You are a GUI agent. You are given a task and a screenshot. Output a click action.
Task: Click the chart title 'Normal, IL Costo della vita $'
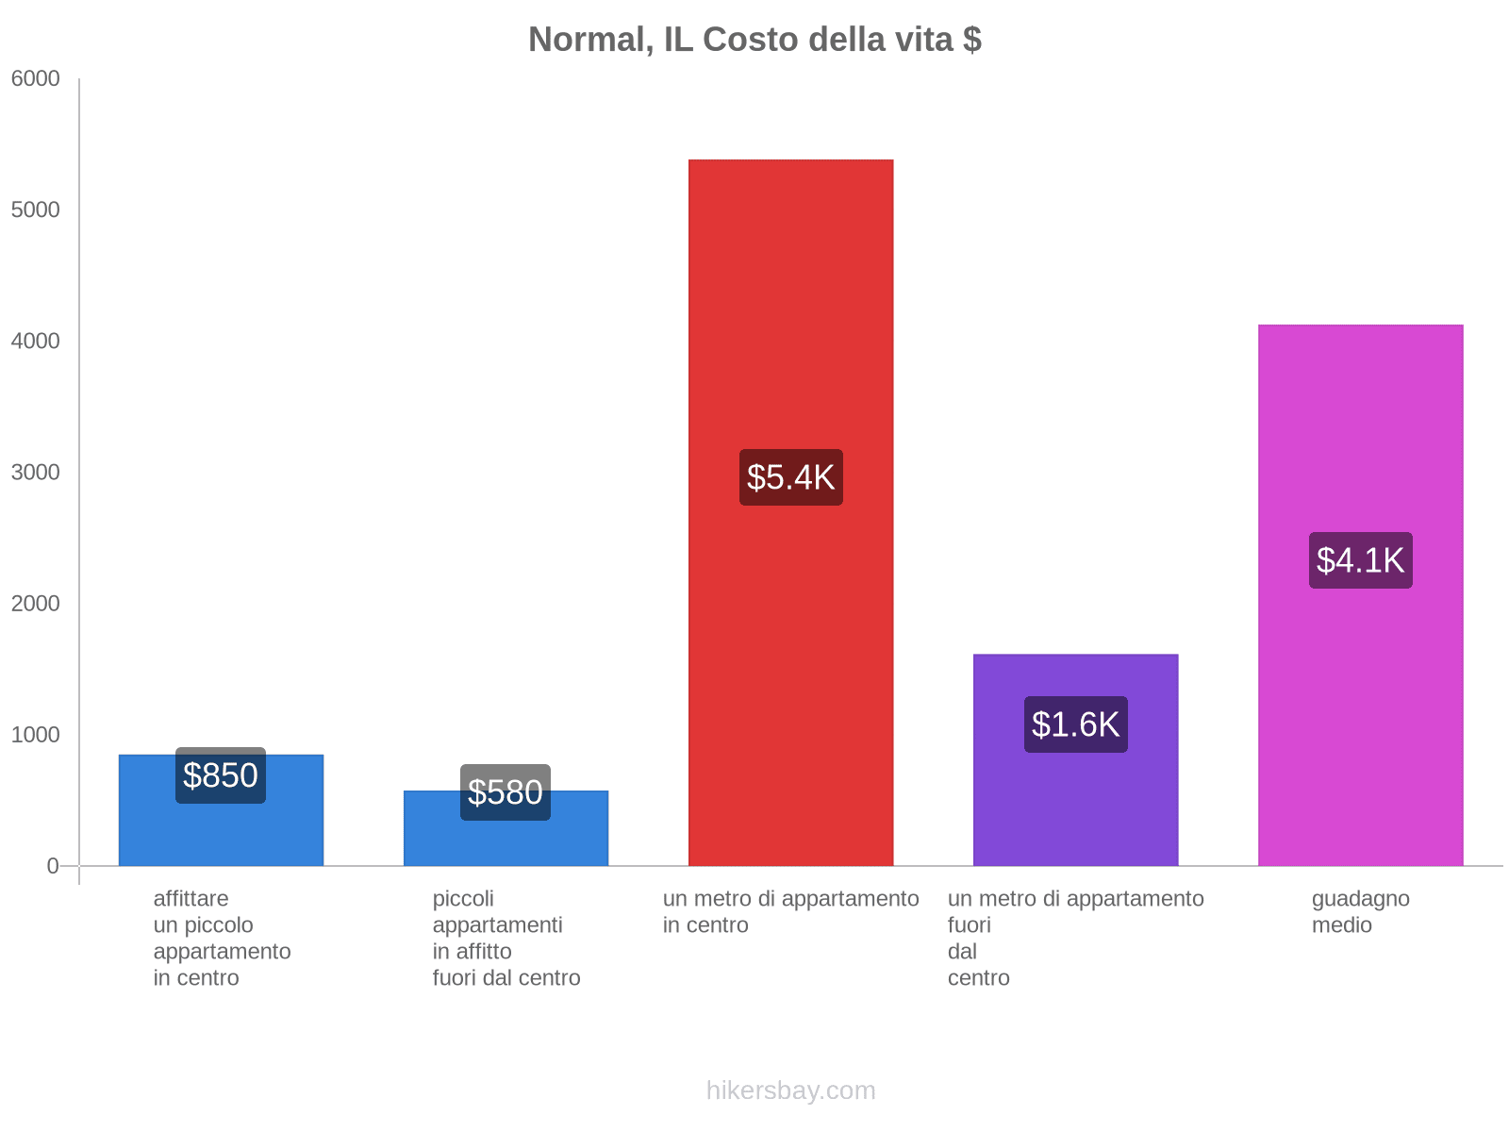pyautogui.click(x=754, y=40)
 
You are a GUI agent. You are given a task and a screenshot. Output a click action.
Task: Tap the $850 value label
pyautogui.click(x=221, y=775)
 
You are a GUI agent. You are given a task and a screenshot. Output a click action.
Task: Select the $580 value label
pyautogui.click(x=506, y=792)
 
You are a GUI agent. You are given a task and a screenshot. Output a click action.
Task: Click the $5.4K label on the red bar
pyautogui.click(x=790, y=477)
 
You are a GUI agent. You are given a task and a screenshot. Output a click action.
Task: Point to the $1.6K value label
pyautogui.click(x=1075, y=724)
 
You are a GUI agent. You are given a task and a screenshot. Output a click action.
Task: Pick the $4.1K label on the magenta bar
pyautogui.click(x=1360, y=560)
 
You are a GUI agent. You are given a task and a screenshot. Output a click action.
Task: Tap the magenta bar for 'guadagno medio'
pyautogui.click(x=1360, y=424)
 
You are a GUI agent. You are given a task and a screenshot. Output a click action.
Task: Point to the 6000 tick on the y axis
pyautogui.click(x=36, y=79)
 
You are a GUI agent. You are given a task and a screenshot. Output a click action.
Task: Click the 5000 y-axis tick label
pyautogui.click(x=36, y=210)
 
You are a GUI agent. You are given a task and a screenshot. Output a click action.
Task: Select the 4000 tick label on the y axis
pyautogui.click(x=36, y=341)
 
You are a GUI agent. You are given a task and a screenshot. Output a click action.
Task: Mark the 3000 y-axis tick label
pyautogui.click(x=36, y=473)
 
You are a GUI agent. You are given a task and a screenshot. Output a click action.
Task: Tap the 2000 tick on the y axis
pyautogui.click(x=36, y=604)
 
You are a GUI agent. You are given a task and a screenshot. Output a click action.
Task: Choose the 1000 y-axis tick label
pyautogui.click(x=36, y=735)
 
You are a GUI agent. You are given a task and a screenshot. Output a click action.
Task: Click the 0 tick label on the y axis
pyautogui.click(x=53, y=866)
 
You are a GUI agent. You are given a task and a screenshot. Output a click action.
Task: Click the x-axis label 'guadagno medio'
pyautogui.click(x=1360, y=912)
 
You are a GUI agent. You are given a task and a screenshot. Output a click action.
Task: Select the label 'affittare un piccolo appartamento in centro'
pyautogui.click(x=222, y=938)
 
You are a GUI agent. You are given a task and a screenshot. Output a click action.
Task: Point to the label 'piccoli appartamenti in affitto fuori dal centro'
pyautogui.click(x=506, y=938)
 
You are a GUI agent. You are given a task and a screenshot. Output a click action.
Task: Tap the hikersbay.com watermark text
pyautogui.click(x=790, y=1090)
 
